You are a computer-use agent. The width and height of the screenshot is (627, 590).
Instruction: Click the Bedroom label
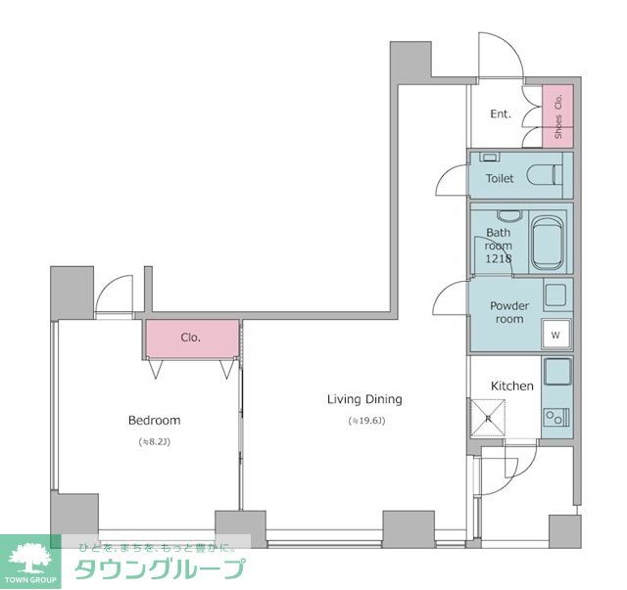point(154,421)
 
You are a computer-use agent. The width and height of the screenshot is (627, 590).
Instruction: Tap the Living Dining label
point(364,399)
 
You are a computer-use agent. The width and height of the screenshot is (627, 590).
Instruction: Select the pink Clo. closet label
point(190,338)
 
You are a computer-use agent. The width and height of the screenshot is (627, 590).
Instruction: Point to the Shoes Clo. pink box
point(558,116)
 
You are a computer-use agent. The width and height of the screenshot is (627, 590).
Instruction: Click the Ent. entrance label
point(501,114)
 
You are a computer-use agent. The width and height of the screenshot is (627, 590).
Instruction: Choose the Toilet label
point(500,179)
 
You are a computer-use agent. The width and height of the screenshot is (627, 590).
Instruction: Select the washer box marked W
point(555,335)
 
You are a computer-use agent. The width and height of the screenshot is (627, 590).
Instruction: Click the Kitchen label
point(511,386)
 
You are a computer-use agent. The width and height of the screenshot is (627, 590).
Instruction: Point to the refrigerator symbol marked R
point(487,418)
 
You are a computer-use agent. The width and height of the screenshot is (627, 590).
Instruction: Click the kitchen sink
point(556,374)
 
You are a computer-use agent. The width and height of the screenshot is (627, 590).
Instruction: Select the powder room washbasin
point(556,295)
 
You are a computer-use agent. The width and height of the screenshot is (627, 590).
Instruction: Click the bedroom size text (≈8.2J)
point(154,442)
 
